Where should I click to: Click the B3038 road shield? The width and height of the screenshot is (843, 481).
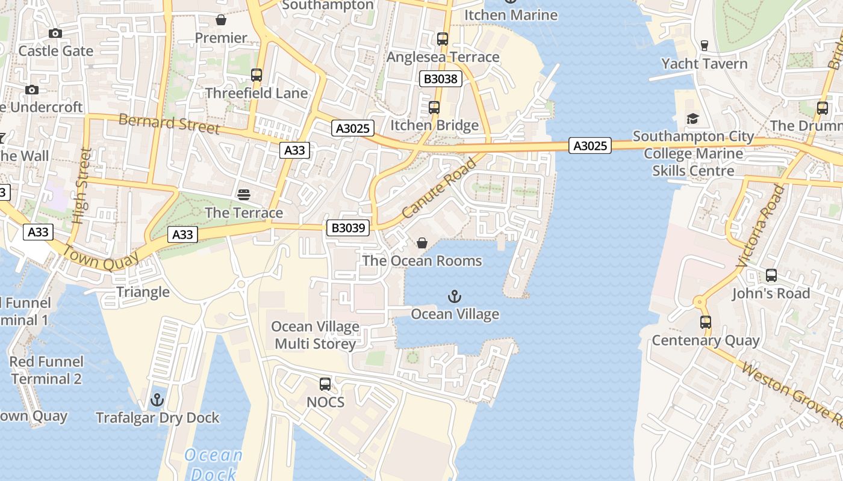click(441, 79)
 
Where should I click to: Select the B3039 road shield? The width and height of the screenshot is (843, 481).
click(348, 227)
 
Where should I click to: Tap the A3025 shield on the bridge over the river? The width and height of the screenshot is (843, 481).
click(590, 146)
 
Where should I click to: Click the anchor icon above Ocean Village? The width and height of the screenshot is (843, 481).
click(455, 296)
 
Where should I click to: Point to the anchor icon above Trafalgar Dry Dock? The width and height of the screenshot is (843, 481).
click(157, 400)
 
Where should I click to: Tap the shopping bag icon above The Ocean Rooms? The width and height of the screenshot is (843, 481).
click(422, 243)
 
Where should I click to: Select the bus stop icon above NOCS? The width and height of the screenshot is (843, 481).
click(325, 384)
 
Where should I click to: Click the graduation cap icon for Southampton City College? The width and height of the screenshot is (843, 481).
click(692, 119)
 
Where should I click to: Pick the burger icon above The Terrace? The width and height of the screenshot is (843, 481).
click(244, 195)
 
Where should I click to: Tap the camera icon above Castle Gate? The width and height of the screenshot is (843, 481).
click(55, 34)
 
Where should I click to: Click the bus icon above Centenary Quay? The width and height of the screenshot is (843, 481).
click(706, 322)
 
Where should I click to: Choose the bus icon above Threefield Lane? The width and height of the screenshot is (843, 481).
click(257, 76)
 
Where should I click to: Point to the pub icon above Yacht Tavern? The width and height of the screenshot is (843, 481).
click(704, 46)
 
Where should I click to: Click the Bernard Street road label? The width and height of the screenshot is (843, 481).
click(169, 123)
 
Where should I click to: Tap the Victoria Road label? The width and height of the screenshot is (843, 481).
click(762, 225)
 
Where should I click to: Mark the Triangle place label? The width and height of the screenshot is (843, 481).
click(143, 292)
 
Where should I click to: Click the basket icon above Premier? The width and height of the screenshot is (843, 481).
click(221, 20)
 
